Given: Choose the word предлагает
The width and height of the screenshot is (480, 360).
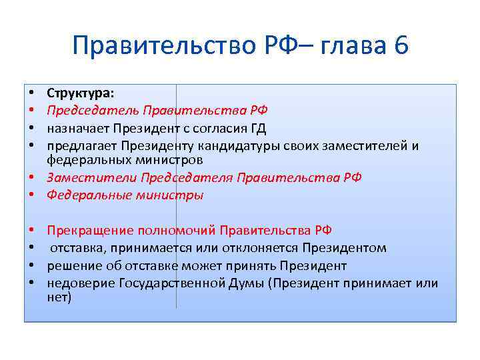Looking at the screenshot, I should tap(78, 146).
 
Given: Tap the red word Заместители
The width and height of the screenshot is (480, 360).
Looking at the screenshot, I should tap(83, 178).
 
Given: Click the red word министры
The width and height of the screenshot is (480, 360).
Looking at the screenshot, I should tap(172, 195).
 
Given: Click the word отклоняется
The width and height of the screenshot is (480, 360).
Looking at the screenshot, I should tap(261, 248).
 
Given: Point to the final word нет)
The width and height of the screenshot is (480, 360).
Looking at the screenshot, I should tap(59, 297).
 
